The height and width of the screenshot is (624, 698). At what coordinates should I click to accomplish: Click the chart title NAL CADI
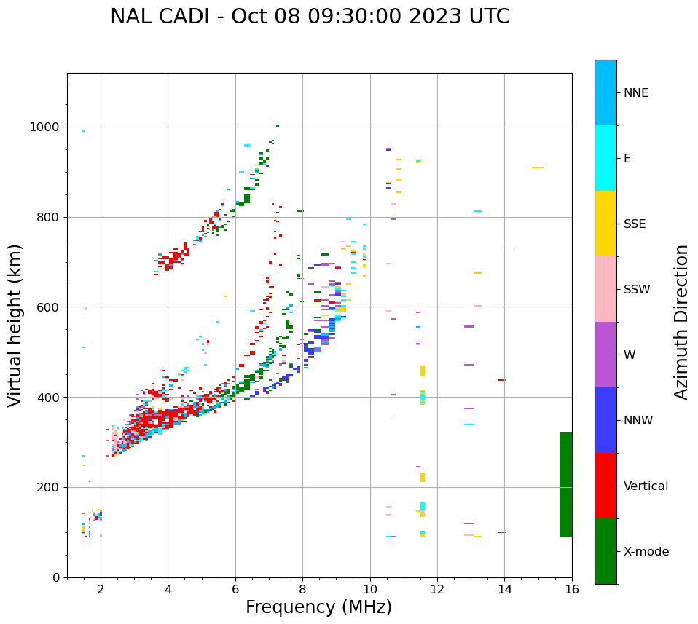(x=310, y=17)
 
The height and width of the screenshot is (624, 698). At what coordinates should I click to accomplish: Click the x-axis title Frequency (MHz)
(x=318, y=607)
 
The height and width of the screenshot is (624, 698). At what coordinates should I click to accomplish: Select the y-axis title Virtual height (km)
(x=15, y=325)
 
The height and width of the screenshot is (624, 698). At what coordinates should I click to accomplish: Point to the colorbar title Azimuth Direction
(x=681, y=322)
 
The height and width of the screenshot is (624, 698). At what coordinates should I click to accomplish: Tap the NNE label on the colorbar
(x=635, y=93)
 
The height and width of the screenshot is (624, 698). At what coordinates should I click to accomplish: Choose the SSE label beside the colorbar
(x=634, y=224)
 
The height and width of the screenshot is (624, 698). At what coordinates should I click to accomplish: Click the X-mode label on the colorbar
(x=646, y=552)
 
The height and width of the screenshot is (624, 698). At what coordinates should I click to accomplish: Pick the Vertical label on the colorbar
(x=646, y=486)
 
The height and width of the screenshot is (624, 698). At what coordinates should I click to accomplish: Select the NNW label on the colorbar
(x=638, y=421)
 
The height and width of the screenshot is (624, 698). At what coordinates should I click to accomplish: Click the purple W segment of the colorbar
(x=605, y=355)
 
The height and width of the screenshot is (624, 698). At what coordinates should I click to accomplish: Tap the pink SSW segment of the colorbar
(x=605, y=289)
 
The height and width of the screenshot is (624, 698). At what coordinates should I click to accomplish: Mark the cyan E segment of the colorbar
(x=605, y=158)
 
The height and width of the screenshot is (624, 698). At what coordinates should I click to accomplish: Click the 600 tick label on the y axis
(x=49, y=307)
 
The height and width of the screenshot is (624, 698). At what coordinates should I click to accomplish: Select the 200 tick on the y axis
(x=49, y=487)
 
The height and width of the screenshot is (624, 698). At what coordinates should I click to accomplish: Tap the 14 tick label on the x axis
(x=505, y=590)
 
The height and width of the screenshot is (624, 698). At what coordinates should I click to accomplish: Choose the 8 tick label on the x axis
(x=302, y=590)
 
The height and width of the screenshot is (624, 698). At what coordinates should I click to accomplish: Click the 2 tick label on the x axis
(x=101, y=590)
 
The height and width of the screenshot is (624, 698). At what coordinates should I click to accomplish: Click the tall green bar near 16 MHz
(x=565, y=484)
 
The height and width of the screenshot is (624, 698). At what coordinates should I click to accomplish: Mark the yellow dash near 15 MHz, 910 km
(x=538, y=167)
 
